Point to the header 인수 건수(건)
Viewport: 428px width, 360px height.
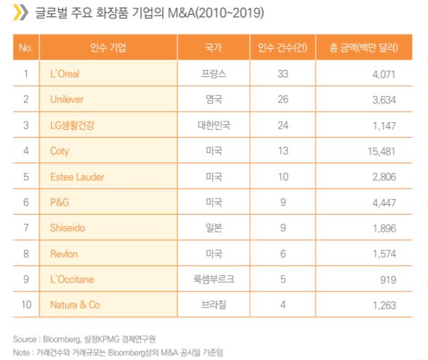tap(282, 48)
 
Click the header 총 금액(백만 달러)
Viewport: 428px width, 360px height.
tap(364, 48)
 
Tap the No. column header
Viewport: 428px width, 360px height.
tap(26, 48)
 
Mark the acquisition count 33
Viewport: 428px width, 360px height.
tap(283, 73)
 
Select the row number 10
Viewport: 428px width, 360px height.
tap(26, 305)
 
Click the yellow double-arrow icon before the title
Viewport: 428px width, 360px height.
tap(21, 13)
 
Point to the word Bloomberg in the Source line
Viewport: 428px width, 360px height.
tap(61, 340)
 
